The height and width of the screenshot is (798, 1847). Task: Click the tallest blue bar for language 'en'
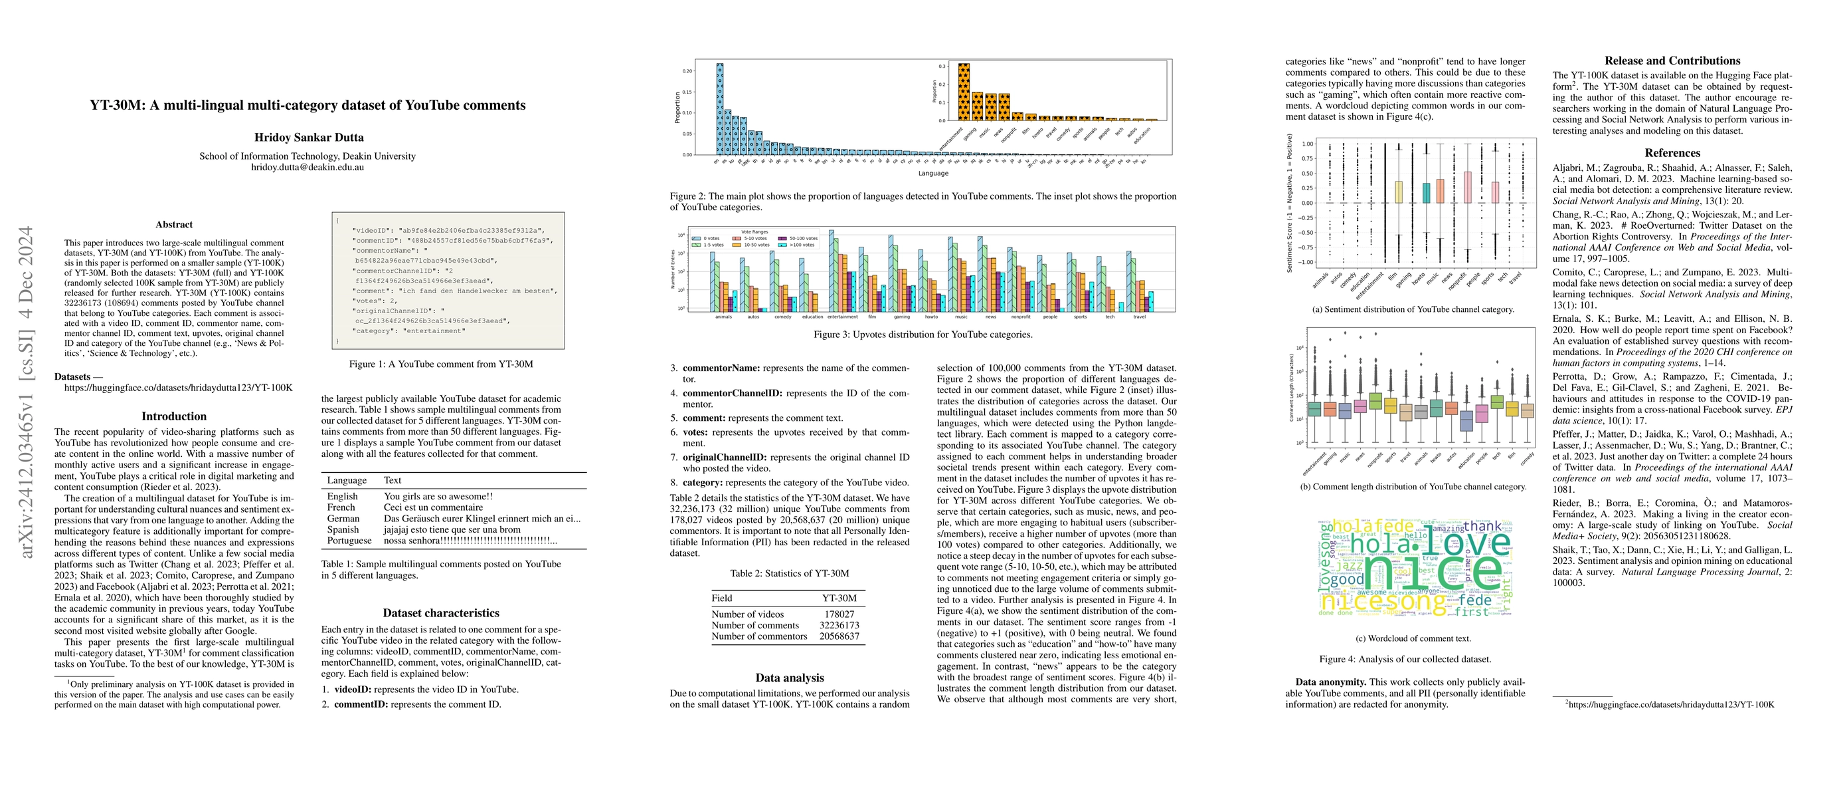pos(719,109)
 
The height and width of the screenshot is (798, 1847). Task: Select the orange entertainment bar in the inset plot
pos(964,92)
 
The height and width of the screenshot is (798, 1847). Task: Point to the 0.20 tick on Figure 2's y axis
pos(687,71)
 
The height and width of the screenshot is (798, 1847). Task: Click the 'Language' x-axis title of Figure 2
pos(933,173)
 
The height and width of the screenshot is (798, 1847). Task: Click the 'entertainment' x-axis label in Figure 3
pos(843,317)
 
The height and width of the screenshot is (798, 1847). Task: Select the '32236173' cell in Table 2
pos(839,625)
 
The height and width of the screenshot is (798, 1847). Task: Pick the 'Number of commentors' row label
pos(758,636)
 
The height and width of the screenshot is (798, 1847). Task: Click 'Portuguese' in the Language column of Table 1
pos(349,541)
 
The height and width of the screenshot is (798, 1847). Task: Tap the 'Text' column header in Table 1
pos(393,480)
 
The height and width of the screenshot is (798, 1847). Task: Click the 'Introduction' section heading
pos(173,416)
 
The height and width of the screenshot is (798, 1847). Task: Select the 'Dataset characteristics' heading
pos(441,613)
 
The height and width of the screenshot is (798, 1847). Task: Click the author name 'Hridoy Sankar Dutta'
pos(308,137)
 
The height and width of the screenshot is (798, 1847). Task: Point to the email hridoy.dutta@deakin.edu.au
pos(308,167)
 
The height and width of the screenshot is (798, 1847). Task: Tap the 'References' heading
pos(1672,153)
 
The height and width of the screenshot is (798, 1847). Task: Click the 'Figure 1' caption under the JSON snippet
pos(441,364)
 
